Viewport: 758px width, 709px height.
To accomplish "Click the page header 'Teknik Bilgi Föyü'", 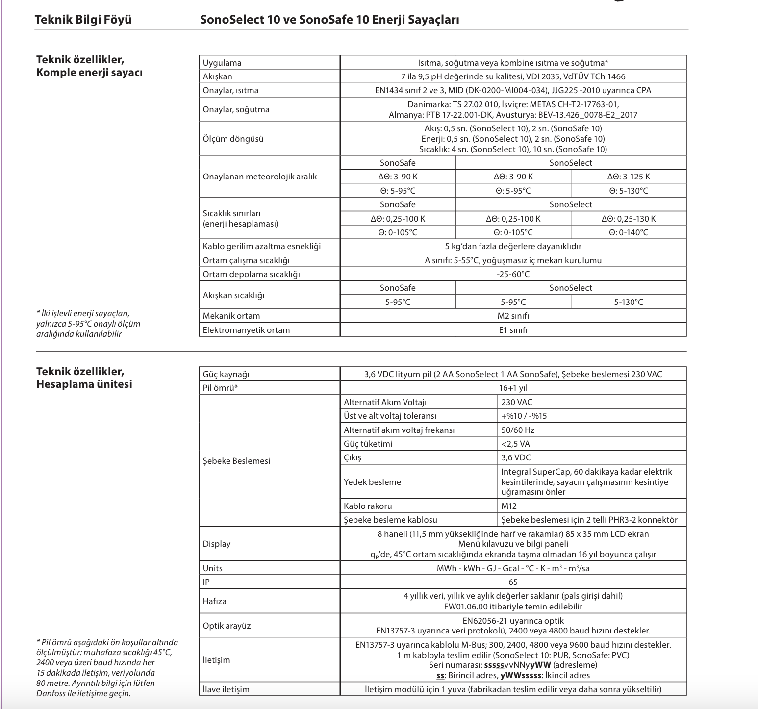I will click(83, 20).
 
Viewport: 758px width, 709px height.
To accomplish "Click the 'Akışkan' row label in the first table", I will click(218, 76).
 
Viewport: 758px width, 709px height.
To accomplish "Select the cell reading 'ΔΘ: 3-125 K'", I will click(629, 177).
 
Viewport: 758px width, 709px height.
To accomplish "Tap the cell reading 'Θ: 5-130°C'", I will click(629, 191).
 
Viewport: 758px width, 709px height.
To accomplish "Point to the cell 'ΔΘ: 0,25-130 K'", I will click(629, 219).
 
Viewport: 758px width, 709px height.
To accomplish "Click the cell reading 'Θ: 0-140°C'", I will click(629, 232).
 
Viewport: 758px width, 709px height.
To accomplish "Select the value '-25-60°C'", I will click(513, 274).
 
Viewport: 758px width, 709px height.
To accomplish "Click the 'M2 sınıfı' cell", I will click(513, 316).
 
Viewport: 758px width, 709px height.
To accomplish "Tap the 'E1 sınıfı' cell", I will click(513, 330).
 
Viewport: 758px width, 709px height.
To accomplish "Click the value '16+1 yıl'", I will click(513, 388).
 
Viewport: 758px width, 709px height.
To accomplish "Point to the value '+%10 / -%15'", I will click(524, 416).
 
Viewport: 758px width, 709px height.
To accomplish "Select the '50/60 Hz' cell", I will click(518, 430).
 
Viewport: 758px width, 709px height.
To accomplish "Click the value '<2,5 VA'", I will click(515, 444).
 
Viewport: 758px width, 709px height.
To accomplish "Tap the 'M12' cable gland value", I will click(509, 506).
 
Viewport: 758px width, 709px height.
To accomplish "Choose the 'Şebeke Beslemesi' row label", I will click(236, 461).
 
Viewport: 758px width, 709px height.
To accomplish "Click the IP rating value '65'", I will click(513, 582).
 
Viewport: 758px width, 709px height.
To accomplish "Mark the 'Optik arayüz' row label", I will click(227, 626).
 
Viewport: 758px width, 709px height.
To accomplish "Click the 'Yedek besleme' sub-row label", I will click(372, 482).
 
